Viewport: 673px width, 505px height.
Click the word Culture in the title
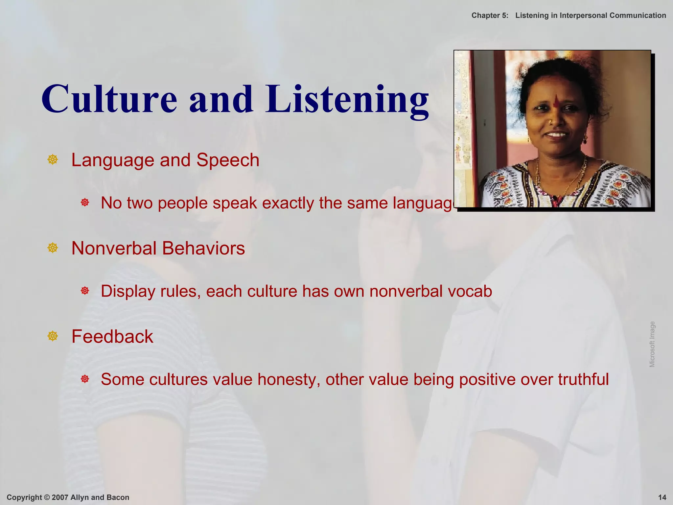point(109,99)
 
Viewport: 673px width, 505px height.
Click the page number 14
point(662,497)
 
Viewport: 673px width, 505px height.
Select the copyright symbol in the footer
point(47,497)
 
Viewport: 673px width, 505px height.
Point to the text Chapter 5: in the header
point(490,15)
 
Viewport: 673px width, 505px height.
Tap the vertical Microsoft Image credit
point(652,344)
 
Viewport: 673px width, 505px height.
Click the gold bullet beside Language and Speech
point(53,160)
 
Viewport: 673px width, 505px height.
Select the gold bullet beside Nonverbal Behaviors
point(53,248)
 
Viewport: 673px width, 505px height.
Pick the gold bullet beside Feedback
point(53,336)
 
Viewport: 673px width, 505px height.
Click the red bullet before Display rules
point(85,291)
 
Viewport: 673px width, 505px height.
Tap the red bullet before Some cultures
point(85,379)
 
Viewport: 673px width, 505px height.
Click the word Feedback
point(112,336)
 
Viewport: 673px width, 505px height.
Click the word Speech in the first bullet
point(228,160)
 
